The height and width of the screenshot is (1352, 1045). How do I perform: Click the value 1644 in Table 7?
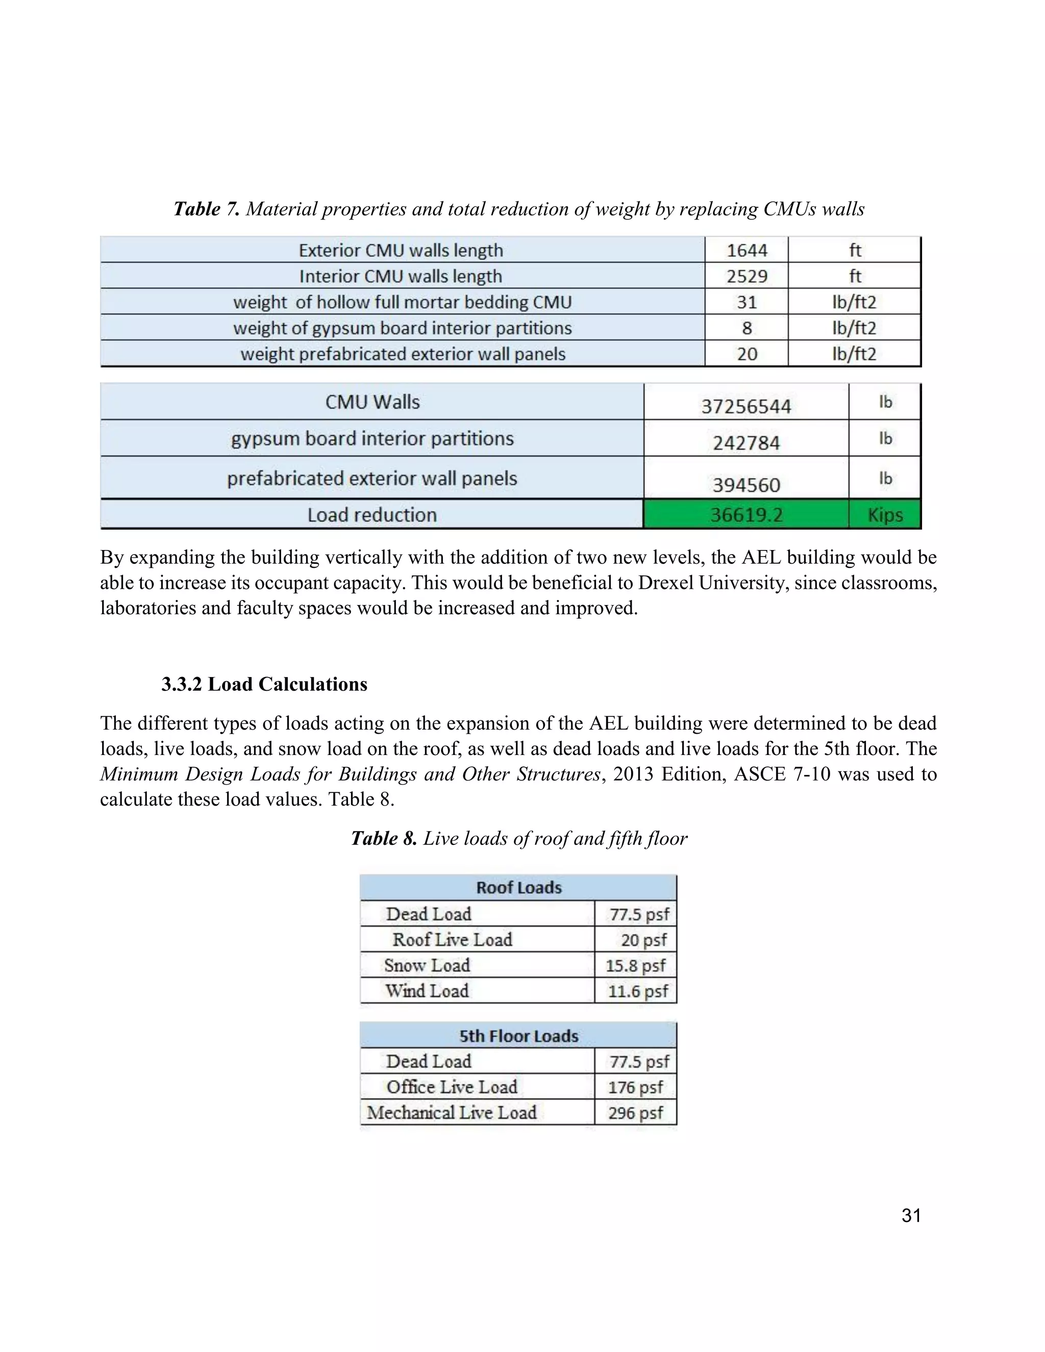[x=747, y=250]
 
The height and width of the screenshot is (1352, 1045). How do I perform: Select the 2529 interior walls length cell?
[x=747, y=276]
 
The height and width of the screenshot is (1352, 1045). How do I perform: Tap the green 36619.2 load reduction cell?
[x=746, y=514]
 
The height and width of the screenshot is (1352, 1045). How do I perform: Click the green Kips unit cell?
[x=885, y=514]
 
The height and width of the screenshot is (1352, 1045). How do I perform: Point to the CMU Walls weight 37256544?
[x=746, y=406]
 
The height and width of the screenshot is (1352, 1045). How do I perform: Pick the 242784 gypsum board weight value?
[x=746, y=443]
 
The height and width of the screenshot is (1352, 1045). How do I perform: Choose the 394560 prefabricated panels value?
[x=746, y=484]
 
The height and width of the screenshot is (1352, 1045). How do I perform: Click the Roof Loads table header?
[x=518, y=888]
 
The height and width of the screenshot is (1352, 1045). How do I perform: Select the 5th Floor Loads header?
[x=518, y=1036]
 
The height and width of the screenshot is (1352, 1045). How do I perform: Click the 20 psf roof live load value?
[x=643, y=940]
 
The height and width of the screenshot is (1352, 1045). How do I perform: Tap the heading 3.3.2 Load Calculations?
[x=264, y=684]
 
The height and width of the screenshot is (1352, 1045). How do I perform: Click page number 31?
[x=911, y=1216]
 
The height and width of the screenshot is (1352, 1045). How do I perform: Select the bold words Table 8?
[x=384, y=838]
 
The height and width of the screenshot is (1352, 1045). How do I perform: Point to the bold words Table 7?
[x=206, y=209]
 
